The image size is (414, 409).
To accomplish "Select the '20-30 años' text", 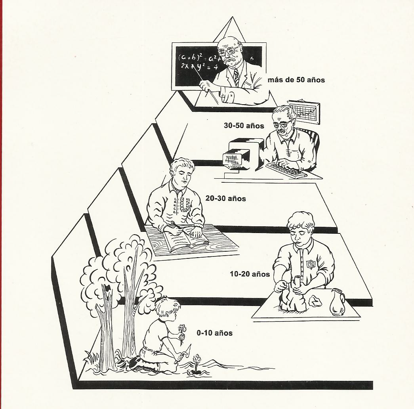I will pyautogui.click(x=225, y=198).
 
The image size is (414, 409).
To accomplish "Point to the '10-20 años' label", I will pyautogui.click(x=250, y=274).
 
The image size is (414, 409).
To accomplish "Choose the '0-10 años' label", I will pyautogui.click(x=214, y=333).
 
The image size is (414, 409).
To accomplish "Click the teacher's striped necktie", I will pyautogui.click(x=236, y=78).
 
